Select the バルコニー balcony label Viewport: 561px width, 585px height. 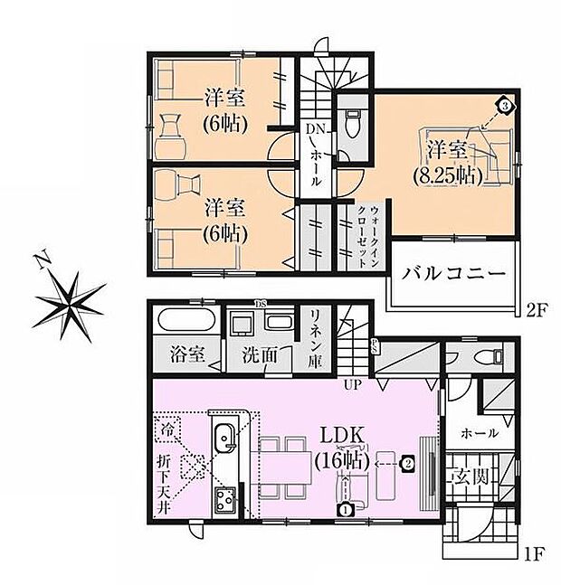(x=452, y=271)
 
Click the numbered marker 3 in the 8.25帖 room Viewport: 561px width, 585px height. (x=504, y=106)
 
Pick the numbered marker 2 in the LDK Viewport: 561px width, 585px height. (x=408, y=465)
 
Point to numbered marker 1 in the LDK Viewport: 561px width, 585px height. (x=345, y=509)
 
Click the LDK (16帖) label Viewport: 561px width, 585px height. (x=340, y=447)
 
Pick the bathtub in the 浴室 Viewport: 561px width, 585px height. (x=184, y=322)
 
